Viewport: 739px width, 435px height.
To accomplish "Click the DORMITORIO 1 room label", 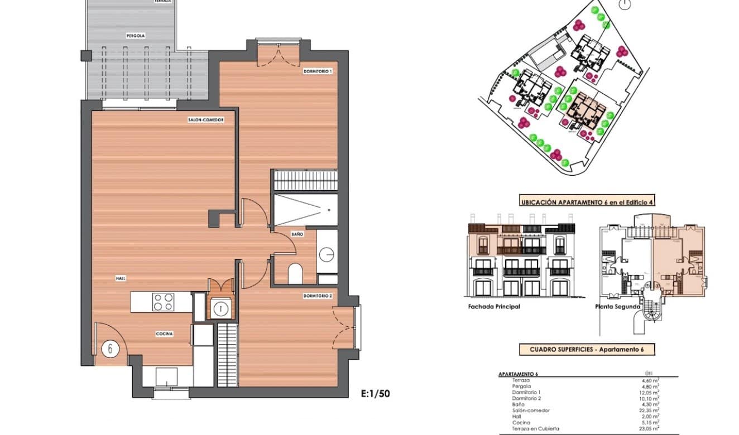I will point(318,71).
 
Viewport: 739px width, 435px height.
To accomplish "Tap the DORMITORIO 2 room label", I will point(318,296).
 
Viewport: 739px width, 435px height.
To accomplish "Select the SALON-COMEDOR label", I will point(206,119).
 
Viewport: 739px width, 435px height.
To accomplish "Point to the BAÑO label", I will point(297,234).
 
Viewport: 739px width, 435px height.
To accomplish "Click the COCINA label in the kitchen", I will point(164,333).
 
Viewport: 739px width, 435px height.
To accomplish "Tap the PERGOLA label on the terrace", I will point(136,35).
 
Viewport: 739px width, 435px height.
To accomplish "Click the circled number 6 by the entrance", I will point(111,349).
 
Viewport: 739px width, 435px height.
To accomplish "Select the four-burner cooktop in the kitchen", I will point(163,302).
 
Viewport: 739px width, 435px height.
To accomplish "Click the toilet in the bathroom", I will point(295,273).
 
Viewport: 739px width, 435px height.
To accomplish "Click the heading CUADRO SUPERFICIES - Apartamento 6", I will point(586,350).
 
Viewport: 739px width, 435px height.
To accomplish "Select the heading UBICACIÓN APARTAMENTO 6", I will point(586,202).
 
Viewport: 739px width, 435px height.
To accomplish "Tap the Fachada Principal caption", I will point(495,307).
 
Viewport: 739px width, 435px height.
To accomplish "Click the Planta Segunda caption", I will point(617,307).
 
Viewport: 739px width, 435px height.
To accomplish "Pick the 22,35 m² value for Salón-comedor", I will point(650,410).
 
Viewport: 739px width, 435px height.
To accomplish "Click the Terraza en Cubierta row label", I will point(535,428).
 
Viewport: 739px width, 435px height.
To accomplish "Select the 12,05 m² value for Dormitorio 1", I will point(650,392).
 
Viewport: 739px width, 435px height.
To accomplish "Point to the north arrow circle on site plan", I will point(625,5).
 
